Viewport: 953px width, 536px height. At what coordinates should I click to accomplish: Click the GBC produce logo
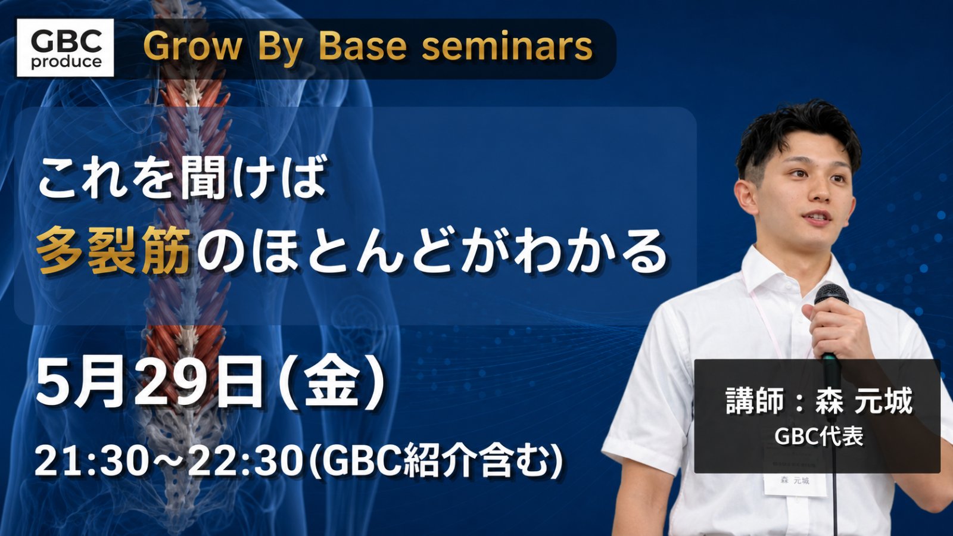tap(65, 48)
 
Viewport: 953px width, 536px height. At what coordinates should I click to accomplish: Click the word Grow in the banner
tap(192, 47)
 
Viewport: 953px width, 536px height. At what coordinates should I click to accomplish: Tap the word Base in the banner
tap(362, 46)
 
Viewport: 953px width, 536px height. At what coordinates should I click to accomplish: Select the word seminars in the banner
tap(507, 47)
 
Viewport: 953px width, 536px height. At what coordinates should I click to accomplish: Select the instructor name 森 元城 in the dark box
tap(864, 401)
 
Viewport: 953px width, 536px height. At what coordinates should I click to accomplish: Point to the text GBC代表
tap(818, 435)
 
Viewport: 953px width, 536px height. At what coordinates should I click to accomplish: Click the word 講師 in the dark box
tap(749, 401)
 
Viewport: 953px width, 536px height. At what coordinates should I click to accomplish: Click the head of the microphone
tap(831, 295)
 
